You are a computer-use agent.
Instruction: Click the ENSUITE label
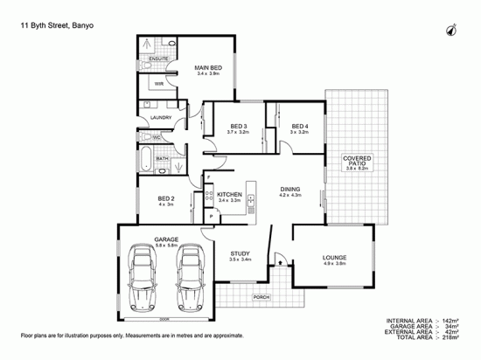pyautogui.click(x=158, y=59)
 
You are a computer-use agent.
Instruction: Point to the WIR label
pyautogui.click(x=160, y=84)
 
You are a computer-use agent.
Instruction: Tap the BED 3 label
pyautogui.click(x=237, y=127)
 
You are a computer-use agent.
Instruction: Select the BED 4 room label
pyautogui.click(x=300, y=127)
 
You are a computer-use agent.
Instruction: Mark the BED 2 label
pyautogui.click(x=167, y=198)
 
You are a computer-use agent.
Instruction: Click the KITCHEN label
pyautogui.click(x=229, y=194)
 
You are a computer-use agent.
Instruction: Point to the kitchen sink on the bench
pyautogui.click(x=251, y=200)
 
